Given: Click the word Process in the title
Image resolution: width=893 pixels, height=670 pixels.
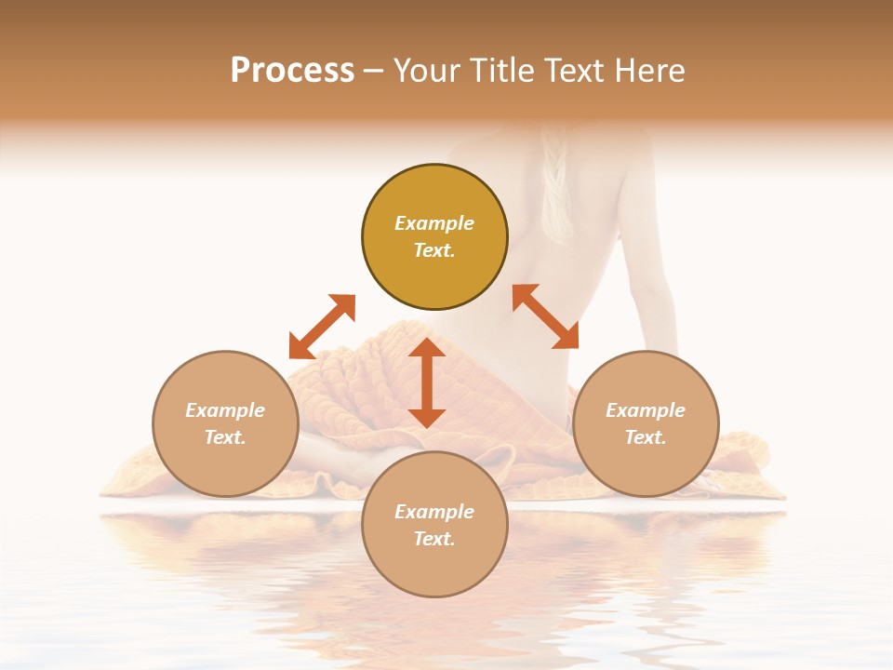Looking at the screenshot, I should [x=292, y=71].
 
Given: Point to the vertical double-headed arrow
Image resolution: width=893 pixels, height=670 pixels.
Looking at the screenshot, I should [x=427, y=382].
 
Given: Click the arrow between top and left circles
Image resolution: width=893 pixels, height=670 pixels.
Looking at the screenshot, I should [x=322, y=327].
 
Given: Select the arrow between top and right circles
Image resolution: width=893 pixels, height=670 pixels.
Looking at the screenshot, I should [x=545, y=316].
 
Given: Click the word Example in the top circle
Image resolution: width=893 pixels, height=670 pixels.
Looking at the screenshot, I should [x=434, y=223].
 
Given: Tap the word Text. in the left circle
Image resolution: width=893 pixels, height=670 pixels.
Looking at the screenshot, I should [x=225, y=437].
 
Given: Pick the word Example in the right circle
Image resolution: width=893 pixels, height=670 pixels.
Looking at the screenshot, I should [x=646, y=410].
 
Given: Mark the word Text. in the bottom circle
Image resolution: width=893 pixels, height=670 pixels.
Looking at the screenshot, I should [x=434, y=539].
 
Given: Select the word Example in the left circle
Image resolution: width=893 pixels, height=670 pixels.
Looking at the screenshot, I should [x=225, y=410].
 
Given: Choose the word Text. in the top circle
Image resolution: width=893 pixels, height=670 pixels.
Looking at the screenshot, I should [x=434, y=250].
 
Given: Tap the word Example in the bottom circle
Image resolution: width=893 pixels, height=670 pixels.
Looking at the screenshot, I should [x=434, y=512].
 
